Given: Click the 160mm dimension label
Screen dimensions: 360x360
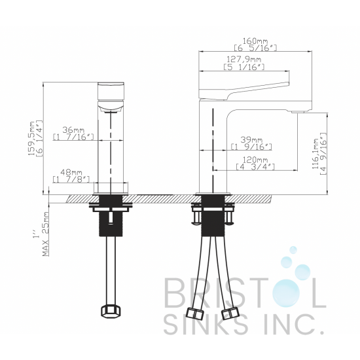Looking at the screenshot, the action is click(x=255, y=41).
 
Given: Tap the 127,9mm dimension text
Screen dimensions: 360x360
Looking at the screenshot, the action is click(x=244, y=59).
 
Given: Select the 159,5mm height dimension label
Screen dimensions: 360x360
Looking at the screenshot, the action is click(x=31, y=139).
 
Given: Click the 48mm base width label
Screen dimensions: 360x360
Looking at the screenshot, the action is click(x=71, y=172).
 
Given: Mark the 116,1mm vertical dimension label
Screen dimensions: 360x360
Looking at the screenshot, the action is click(x=316, y=154).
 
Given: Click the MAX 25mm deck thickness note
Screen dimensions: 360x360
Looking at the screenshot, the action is click(x=46, y=234).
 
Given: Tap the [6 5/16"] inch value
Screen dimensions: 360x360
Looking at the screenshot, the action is click(x=255, y=48).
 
